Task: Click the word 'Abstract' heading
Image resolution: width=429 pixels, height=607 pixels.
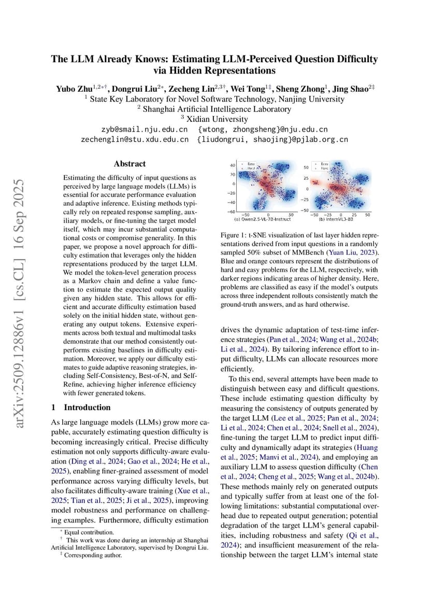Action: point(130,164)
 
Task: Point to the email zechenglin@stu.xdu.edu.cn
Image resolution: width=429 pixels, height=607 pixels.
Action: point(134,139)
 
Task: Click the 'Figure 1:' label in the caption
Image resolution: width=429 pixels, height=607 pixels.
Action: point(234,235)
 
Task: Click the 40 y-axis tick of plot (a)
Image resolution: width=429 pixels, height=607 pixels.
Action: point(233,165)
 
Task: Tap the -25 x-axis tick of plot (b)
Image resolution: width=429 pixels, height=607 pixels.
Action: point(328,215)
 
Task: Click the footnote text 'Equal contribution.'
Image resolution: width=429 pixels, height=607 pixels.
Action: point(89,532)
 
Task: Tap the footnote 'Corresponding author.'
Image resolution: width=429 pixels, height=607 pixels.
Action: point(93,555)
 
